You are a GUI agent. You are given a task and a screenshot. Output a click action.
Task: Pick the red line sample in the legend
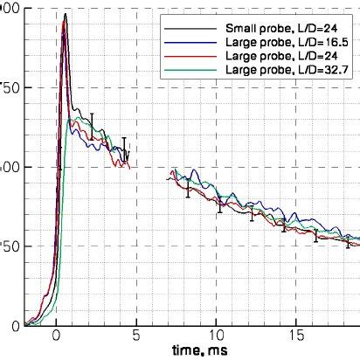(x=183, y=54)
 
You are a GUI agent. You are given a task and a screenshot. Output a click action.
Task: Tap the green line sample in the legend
(x=183, y=66)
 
